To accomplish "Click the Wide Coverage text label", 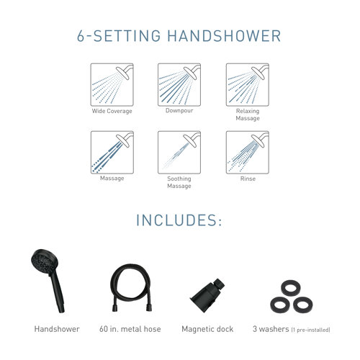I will [x=111, y=112].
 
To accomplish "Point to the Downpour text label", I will [x=179, y=112].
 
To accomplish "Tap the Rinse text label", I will [x=247, y=178].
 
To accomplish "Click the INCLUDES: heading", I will [x=179, y=220].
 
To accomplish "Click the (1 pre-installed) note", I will [x=310, y=330].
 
